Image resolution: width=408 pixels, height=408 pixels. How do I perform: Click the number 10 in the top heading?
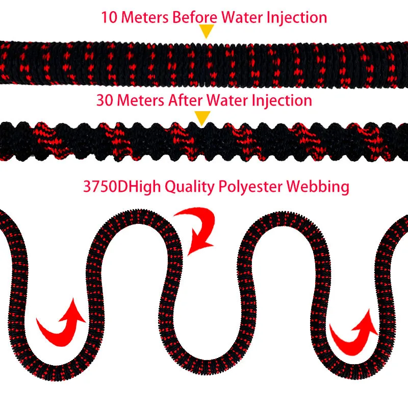109,17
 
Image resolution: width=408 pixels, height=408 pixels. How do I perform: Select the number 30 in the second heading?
105,100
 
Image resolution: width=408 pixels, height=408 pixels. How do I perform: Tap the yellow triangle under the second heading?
203,118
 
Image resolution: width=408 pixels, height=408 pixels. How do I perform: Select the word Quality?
189,187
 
